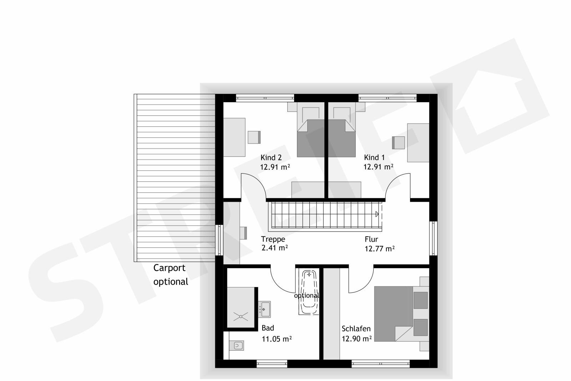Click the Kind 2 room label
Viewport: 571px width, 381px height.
[x=271, y=157]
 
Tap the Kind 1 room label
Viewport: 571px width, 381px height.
[x=374, y=157]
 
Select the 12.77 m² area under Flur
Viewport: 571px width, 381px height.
[x=379, y=249]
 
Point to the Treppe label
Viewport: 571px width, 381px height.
[x=273, y=239]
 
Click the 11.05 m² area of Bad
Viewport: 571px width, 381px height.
[x=277, y=339]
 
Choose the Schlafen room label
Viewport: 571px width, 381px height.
[x=356, y=329]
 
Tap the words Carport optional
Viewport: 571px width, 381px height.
[x=170, y=275]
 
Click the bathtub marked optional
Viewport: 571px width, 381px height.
[x=308, y=293]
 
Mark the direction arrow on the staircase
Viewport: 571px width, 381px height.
[x=377, y=214]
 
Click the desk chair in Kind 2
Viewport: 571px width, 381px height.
[x=254, y=137]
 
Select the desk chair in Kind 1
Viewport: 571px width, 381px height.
[x=398, y=142]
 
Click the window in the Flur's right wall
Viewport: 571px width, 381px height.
[x=433, y=238]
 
